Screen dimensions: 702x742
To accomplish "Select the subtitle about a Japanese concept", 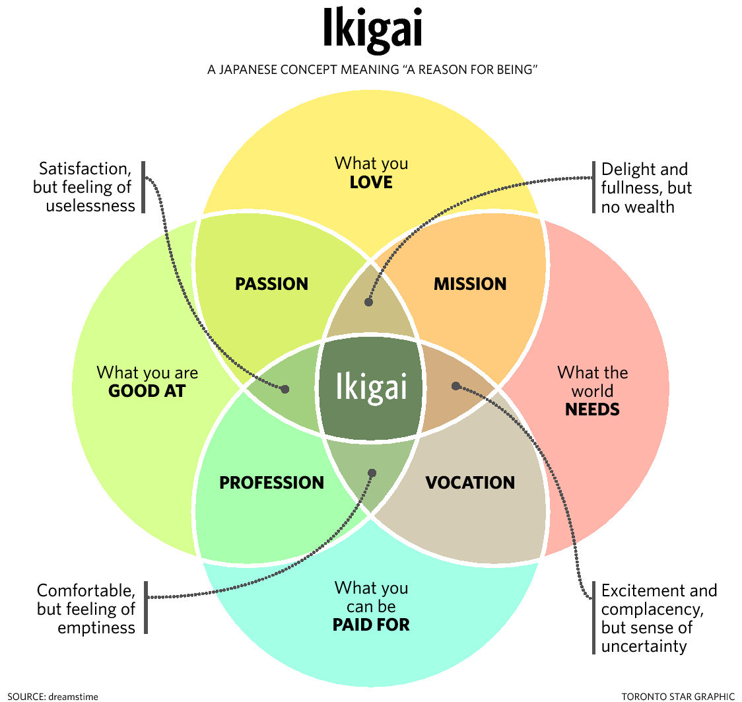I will coord(371,69).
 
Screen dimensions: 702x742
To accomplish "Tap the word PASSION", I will coord(271,284).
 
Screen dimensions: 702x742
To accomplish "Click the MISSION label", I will coord(470,284).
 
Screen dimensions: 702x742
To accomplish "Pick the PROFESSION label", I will coord(271,483).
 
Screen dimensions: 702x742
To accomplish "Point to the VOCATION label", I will coord(470,483).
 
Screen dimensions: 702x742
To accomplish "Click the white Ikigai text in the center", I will coord(371,387).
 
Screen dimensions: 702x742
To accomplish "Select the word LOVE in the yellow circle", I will coord(371,182).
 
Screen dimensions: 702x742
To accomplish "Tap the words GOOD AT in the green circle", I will coord(147,391).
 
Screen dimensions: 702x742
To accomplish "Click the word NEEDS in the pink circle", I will coord(592,409).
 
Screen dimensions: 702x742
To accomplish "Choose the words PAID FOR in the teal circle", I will coord(371,624).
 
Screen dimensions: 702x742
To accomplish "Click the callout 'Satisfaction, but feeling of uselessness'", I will coord(84,187).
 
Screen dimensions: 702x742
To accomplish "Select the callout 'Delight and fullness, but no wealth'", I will coord(646,188).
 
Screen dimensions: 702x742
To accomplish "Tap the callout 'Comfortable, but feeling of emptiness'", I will coord(86,608).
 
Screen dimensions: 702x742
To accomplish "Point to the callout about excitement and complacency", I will coord(658,618).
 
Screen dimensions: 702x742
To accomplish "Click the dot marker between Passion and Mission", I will coord(368,302).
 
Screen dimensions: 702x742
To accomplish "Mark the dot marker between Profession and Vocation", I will coord(372,473).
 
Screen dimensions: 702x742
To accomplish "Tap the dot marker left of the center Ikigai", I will coord(285,389).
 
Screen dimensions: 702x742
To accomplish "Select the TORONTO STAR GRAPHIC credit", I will coord(677,695).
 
